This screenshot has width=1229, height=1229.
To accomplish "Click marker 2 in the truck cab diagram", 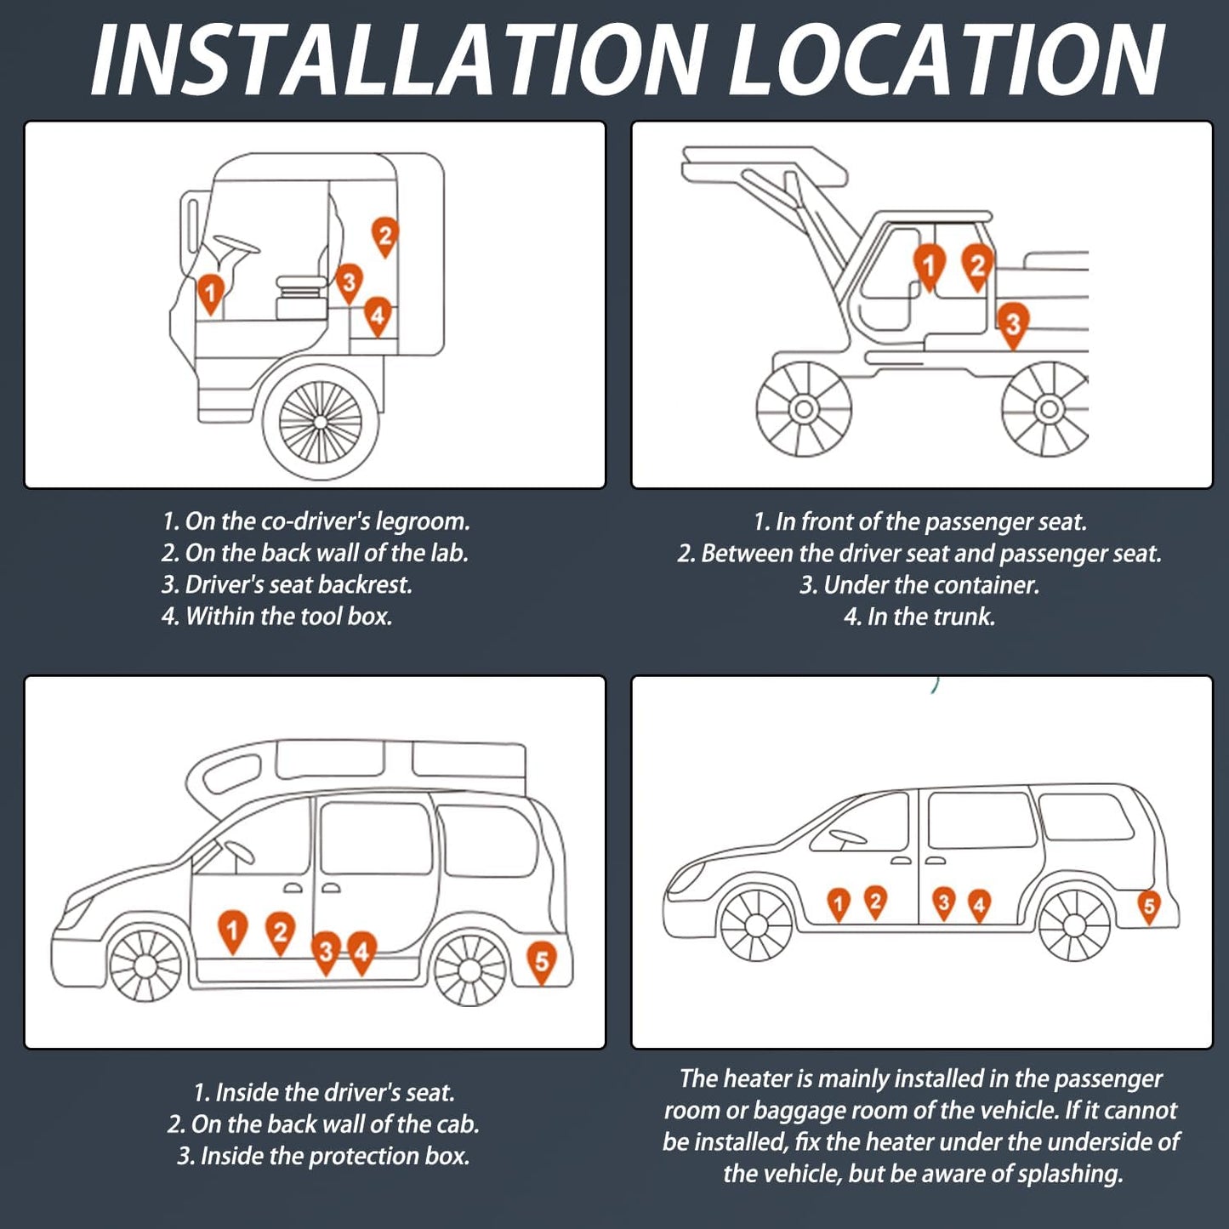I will pyautogui.click(x=384, y=236).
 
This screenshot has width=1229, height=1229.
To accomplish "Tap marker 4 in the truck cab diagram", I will pyautogui.click(x=378, y=316).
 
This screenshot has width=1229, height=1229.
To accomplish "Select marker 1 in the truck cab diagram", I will pyautogui.click(x=210, y=292).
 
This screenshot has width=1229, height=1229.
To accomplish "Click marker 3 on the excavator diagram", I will pyautogui.click(x=1012, y=323).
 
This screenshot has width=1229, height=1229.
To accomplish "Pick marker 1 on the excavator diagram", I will pyautogui.click(x=929, y=265).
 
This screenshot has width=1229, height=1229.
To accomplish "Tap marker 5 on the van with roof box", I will pyautogui.click(x=541, y=961).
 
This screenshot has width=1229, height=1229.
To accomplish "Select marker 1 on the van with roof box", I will pyautogui.click(x=232, y=930).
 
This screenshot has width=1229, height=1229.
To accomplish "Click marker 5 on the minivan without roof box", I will pyautogui.click(x=1148, y=907).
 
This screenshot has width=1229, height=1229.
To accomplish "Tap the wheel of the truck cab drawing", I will pyautogui.click(x=321, y=422).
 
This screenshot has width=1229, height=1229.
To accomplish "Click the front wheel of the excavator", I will pyautogui.click(x=804, y=409).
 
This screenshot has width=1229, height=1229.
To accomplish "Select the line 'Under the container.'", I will pyautogui.click(x=919, y=585).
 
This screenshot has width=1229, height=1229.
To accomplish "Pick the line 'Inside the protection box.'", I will pyautogui.click(x=323, y=1156).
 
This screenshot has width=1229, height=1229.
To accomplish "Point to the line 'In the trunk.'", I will pyautogui.click(x=919, y=617).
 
